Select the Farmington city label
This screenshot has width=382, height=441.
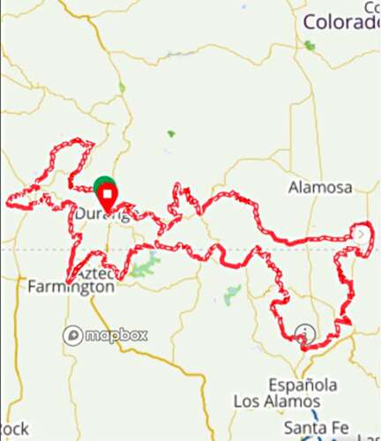(x=71, y=287)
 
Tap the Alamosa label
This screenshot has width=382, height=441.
(x=320, y=187)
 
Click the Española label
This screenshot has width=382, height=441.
(x=303, y=385)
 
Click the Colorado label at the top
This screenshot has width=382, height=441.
(x=341, y=22)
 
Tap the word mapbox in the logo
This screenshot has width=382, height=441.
(x=116, y=335)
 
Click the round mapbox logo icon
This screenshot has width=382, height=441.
(x=72, y=335)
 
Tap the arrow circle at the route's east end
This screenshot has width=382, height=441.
(x=362, y=234)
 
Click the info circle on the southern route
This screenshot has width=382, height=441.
(x=305, y=333)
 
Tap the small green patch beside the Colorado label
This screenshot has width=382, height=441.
(x=309, y=45)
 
